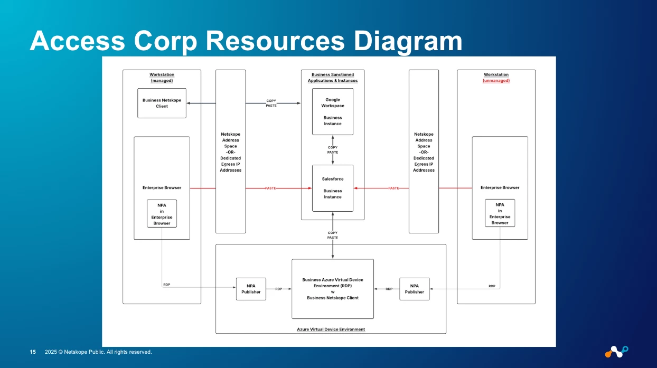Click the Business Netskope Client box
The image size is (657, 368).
point(162,103)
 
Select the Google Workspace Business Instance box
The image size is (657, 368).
point(333,111)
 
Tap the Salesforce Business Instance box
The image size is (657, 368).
point(333,188)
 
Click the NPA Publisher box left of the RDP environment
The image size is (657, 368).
point(251,289)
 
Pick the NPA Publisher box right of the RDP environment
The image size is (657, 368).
point(415,289)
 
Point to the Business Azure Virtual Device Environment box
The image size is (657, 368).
point(333,289)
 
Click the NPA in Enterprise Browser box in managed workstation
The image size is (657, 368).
point(162,213)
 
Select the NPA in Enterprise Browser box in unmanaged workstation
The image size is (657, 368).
point(500,213)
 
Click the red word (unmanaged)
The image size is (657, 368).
point(496,81)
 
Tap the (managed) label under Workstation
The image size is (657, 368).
point(162,81)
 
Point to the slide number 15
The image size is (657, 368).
point(33,352)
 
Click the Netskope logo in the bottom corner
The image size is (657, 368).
point(616,351)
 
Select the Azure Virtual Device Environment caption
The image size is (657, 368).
point(331,329)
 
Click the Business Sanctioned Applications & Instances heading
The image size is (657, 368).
point(333,78)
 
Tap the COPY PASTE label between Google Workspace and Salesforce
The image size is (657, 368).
point(333,150)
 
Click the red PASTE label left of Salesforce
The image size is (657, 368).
point(270,188)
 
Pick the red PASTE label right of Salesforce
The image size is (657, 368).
point(393,188)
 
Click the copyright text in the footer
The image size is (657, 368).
point(98,352)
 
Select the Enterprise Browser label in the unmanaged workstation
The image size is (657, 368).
point(500,187)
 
